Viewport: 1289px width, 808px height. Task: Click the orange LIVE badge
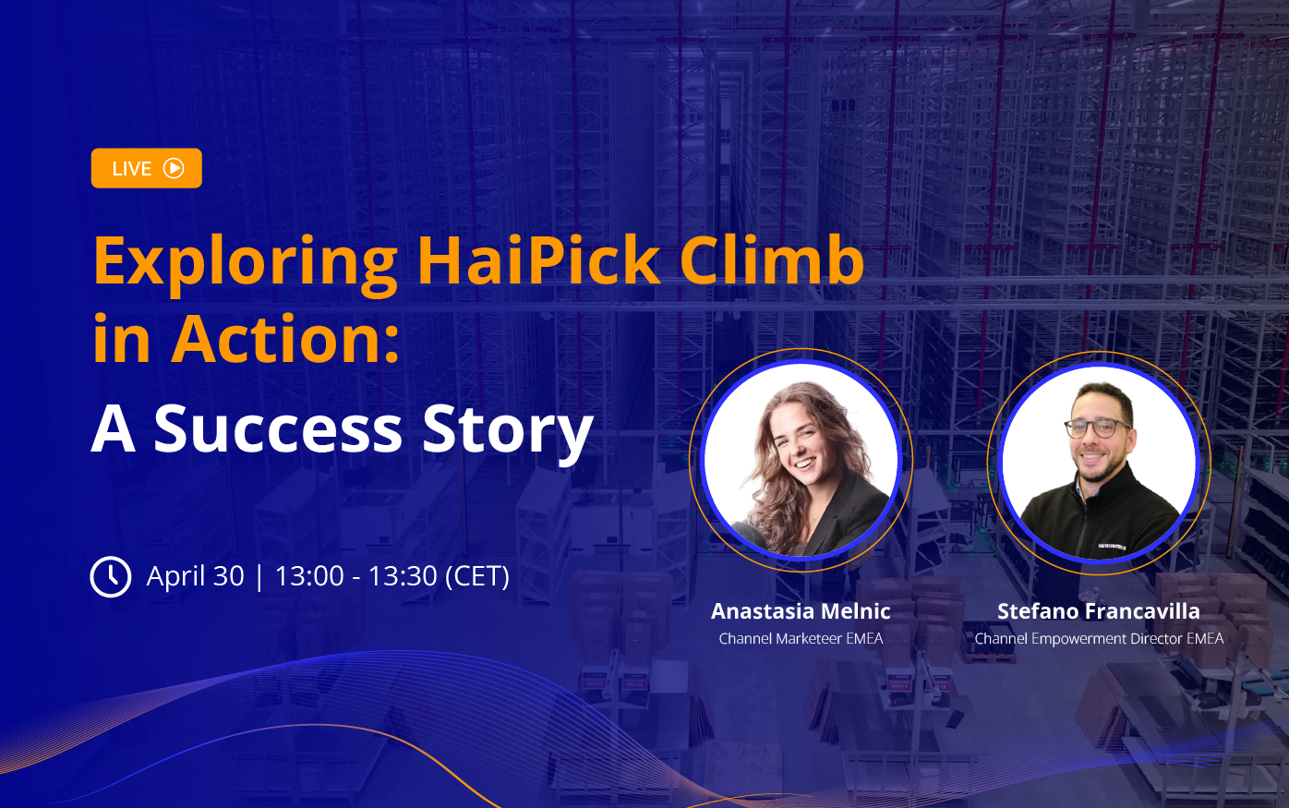coord(146,168)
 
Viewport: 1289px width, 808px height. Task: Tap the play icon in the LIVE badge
coord(174,169)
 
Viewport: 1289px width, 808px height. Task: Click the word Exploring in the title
coord(245,262)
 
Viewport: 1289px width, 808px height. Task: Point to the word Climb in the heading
coord(772,259)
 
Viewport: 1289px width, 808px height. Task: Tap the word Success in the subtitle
coord(278,428)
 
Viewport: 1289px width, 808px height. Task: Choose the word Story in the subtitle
coord(508,433)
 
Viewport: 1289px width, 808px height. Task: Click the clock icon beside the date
coord(111,576)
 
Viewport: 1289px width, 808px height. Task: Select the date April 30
coord(196,576)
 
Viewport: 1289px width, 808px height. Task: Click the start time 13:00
coord(309,576)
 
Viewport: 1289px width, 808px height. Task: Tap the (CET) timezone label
coord(477,576)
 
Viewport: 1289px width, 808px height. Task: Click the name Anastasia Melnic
coord(801,611)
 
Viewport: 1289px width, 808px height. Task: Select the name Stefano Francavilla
coord(1099,611)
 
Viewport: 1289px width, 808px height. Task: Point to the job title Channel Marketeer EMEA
coord(801,638)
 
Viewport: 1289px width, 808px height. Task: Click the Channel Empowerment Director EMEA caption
coord(1099,639)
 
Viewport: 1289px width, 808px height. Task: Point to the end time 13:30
coord(403,576)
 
